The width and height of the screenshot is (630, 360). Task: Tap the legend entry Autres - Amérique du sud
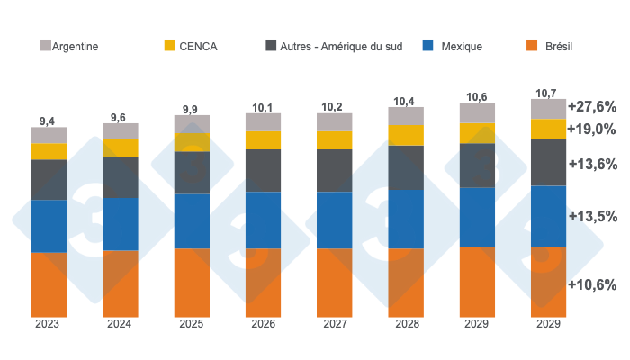click(337, 46)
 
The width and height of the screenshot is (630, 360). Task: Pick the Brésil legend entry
click(550, 46)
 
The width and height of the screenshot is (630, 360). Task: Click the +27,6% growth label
click(591, 106)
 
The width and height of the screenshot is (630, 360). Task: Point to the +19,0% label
click(591, 129)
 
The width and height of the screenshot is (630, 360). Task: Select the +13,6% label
click(591, 165)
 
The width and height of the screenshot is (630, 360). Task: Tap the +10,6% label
click(591, 284)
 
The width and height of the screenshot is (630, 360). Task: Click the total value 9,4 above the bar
click(49, 120)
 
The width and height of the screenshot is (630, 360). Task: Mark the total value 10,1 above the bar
click(263, 107)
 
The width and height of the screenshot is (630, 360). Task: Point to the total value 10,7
click(547, 93)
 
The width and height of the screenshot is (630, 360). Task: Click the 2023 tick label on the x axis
click(49, 325)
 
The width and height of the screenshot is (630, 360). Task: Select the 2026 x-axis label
click(263, 325)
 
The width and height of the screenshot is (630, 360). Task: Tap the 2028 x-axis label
click(406, 325)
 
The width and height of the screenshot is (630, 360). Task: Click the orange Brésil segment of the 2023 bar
click(49, 284)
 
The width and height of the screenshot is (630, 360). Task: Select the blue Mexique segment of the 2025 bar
click(192, 220)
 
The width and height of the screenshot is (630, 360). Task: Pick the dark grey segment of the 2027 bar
click(334, 170)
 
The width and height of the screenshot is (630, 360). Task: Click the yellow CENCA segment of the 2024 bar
click(120, 148)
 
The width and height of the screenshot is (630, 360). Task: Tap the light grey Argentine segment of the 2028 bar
click(406, 116)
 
